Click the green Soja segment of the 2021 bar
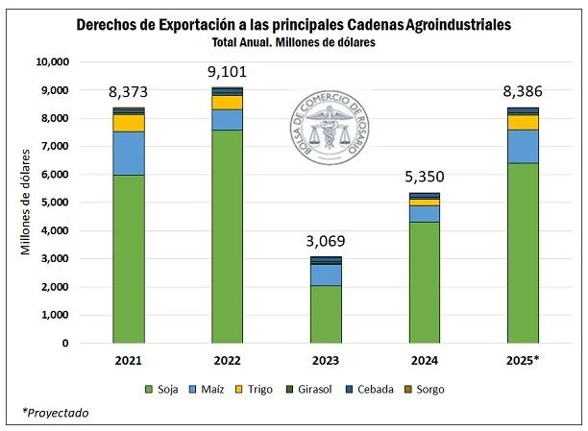tap(129, 259)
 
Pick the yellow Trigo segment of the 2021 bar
tap(129, 123)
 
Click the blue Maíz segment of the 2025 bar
tap(524, 146)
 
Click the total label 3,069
tap(326, 240)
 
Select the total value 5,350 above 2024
tap(425, 177)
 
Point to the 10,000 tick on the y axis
tap(53, 61)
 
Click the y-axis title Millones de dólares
tap(27, 202)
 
